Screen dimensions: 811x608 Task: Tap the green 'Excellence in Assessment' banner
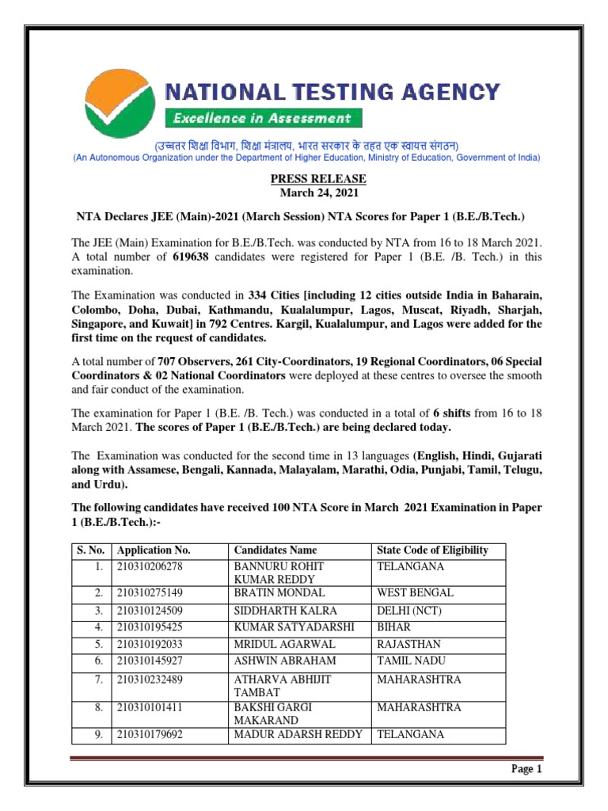[x=263, y=119]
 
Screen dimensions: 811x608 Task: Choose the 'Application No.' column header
[x=154, y=550]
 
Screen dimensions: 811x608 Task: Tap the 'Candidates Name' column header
[x=275, y=550]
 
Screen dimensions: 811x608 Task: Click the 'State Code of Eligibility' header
[x=432, y=550]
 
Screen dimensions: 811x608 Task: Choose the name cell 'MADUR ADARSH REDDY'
[x=298, y=734]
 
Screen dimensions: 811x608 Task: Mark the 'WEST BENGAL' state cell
[x=415, y=592]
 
